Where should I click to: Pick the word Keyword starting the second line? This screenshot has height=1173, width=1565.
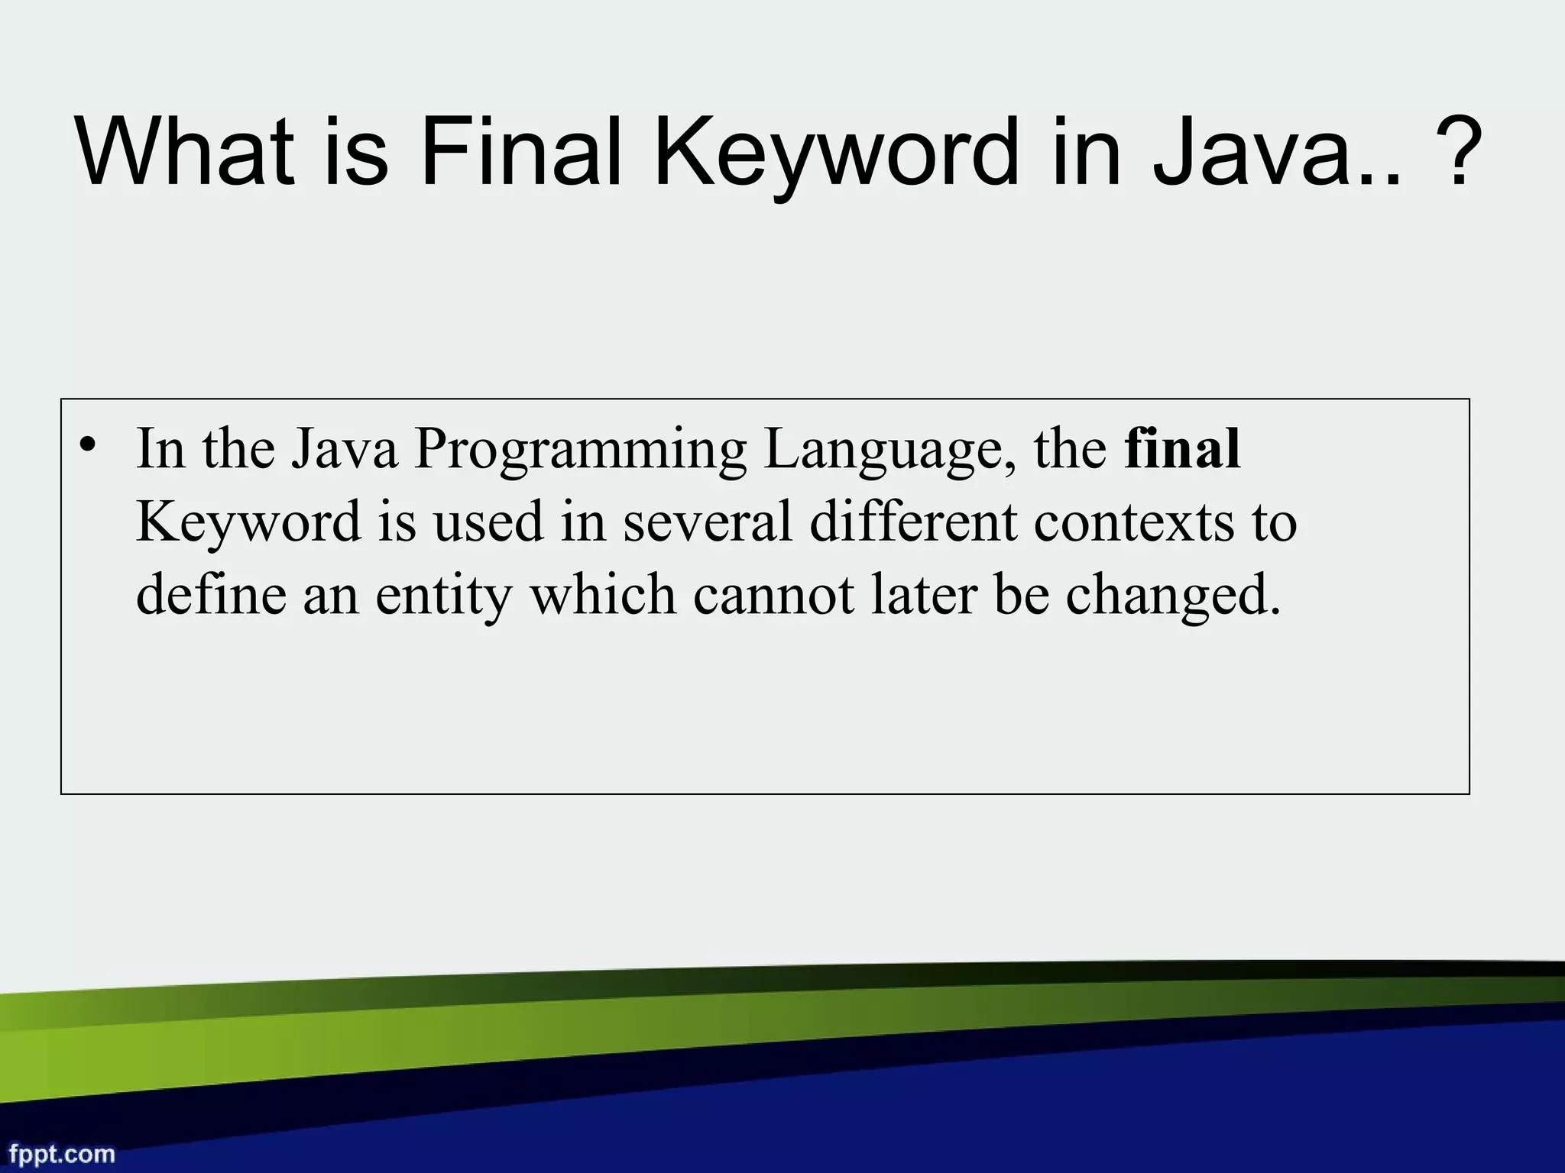coord(248,523)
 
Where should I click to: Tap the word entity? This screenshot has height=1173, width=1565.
coord(443,596)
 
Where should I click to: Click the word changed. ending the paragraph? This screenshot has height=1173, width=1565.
coord(1172,596)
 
